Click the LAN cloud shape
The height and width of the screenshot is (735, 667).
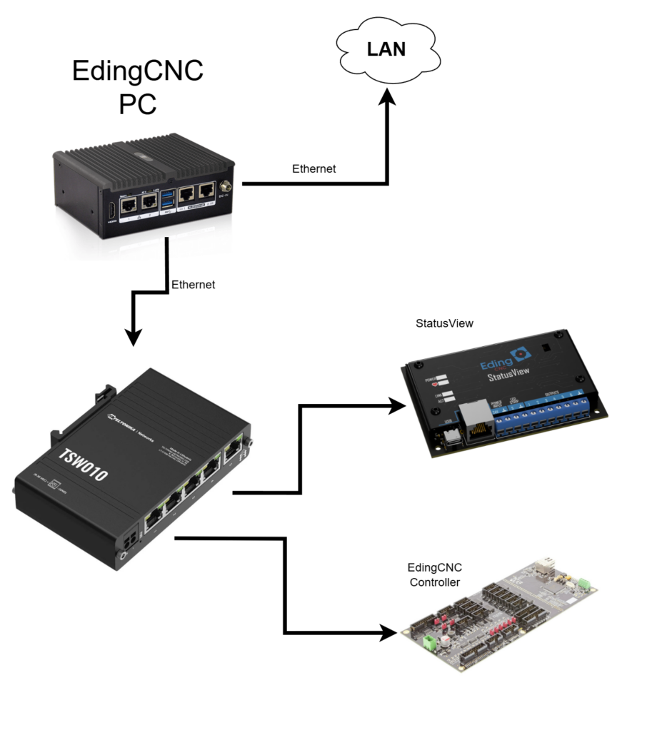[386, 51]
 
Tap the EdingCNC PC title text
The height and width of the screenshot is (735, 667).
[138, 87]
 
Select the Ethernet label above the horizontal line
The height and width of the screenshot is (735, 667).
[314, 169]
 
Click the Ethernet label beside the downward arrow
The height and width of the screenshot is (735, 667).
[193, 284]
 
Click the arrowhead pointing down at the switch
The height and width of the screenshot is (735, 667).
[134, 335]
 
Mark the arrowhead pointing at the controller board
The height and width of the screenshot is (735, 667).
[389, 632]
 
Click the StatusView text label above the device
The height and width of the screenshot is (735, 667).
[444, 323]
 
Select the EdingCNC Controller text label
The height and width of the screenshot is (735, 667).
[434, 575]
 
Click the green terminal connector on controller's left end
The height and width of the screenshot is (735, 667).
[431, 643]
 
